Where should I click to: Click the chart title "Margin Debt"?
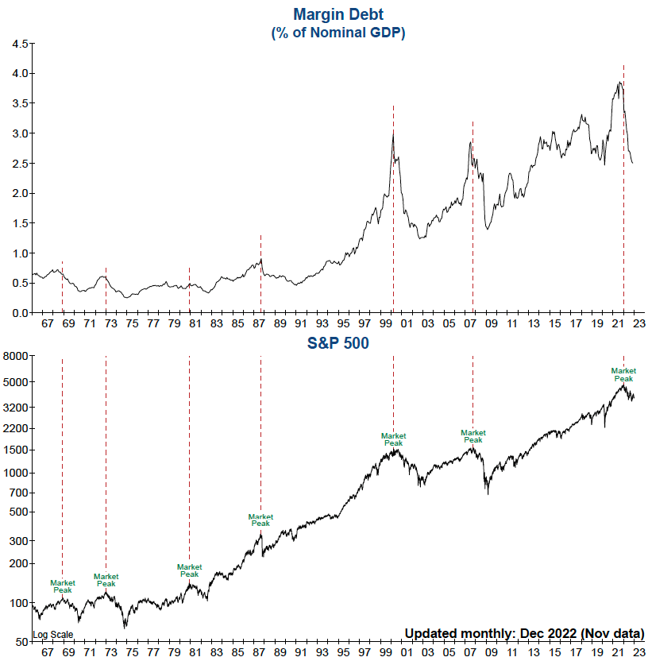(338, 14)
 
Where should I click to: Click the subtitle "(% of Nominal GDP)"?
(338, 33)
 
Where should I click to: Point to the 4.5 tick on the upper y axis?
(20, 43)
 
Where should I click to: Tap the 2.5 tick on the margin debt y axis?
(20, 163)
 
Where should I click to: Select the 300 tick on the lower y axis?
(20, 540)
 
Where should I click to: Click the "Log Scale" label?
(52, 635)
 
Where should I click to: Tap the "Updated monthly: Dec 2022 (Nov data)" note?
(524, 633)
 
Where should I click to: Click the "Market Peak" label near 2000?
(393, 439)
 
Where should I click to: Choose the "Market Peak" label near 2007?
(472, 437)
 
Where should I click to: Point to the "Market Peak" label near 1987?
(260, 520)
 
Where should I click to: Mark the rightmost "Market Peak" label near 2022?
(623, 374)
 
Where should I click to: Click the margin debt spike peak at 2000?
(393, 132)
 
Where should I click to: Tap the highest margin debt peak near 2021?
(619, 82)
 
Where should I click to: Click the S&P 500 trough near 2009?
(488, 493)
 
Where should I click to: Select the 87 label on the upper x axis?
(259, 324)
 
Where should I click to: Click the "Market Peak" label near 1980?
(189, 570)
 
